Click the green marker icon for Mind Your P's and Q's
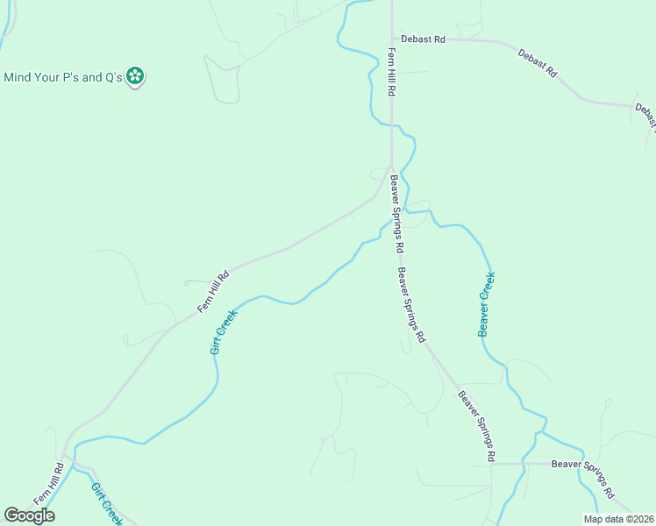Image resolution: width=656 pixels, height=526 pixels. click(135, 77)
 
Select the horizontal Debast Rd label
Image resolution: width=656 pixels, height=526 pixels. click(424, 39)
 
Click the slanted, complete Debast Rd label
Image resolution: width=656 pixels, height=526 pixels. click(537, 65)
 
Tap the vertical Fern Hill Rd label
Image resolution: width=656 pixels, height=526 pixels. click(392, 74)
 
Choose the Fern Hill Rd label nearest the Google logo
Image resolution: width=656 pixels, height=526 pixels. click(49, 483)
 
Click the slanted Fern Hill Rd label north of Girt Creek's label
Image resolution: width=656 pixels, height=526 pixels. click(213, 291)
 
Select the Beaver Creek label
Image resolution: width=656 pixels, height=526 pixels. click(487, 303)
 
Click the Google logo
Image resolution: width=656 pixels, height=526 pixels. click(29, 515)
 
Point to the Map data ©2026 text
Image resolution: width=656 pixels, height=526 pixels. click(619, 519)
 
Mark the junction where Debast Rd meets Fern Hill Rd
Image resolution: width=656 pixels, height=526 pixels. click(391, 39)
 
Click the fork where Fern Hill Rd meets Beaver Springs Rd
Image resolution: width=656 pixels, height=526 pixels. click(390, 168)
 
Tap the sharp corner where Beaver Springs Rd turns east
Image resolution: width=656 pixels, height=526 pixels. click(492, 464)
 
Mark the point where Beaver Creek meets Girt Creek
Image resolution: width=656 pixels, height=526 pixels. click(406, 212)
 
